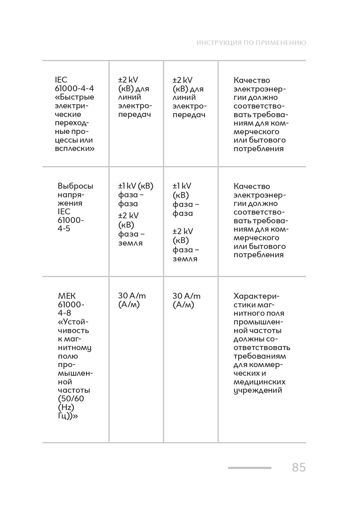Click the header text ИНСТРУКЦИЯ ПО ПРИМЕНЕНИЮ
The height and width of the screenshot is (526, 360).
point(251,43)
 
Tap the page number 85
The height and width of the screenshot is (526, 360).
point(298,467)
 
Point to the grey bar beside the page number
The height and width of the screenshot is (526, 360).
point(249,468)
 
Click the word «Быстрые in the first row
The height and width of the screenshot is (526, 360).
point(75,97)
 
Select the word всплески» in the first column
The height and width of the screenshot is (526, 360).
point(75,149)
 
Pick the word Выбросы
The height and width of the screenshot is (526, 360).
point(75,186)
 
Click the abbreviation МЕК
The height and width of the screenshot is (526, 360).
point(67,296)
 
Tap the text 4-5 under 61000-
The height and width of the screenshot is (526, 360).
point(64,229)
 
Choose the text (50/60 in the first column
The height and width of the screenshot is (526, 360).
point(71,399)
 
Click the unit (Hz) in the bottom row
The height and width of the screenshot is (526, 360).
point(66,407)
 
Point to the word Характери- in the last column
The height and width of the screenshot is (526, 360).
point(256,296)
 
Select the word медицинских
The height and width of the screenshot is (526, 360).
point(259,382)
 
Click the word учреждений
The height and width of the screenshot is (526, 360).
point(258,390)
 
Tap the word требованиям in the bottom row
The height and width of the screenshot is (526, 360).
point(259,356)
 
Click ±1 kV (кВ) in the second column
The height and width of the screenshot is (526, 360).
point(135,186)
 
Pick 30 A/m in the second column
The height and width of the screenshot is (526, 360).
point(132,296)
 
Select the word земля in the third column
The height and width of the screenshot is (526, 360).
point(185,259)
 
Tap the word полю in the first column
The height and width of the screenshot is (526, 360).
point(68,356)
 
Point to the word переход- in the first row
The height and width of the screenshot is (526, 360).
point(72,123)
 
